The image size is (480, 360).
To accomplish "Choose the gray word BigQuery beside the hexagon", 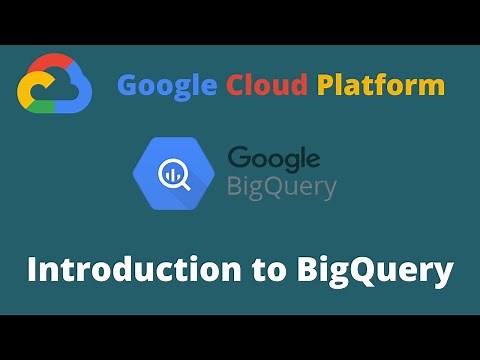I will click(282, 188).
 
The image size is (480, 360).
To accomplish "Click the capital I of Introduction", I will click(32, 270).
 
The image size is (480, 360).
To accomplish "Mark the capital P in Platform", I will click(325, 86).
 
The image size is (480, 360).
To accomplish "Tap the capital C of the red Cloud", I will click(232, 86).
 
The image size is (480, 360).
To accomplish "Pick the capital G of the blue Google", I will click(128, 86).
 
